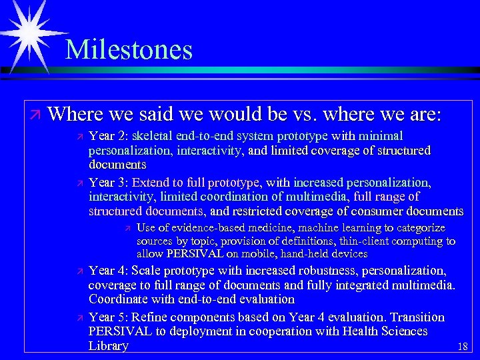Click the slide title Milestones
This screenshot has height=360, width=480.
click(x=129, y=50)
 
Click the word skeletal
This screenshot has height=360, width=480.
click(x=155, y=136)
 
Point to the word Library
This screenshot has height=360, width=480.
click(x=108, y=346)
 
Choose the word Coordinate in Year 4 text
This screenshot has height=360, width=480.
click(x=116, y=299)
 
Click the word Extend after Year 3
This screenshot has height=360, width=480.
click(x=151, y=182)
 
